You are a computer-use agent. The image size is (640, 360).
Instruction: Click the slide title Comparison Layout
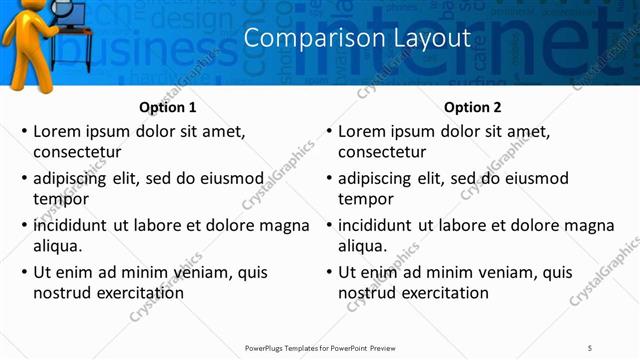tap(357, 39)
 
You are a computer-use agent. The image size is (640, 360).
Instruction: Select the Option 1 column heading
tap(168, 107)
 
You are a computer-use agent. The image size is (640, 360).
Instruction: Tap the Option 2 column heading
tap(473, 107)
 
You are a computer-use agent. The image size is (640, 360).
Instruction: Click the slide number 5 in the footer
tap(590, 347)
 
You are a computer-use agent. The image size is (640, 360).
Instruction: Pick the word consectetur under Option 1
tap(77, 153)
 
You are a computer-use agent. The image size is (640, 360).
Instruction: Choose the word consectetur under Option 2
tap(382, 153)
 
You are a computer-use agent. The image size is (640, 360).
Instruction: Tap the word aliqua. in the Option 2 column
tap(362, 246)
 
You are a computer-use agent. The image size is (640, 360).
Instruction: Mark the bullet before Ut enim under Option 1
tap(23, 272)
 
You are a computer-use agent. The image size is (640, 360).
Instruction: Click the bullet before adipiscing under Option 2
tap(328, 179)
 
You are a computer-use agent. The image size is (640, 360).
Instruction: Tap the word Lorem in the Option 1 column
tap(57, 131)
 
